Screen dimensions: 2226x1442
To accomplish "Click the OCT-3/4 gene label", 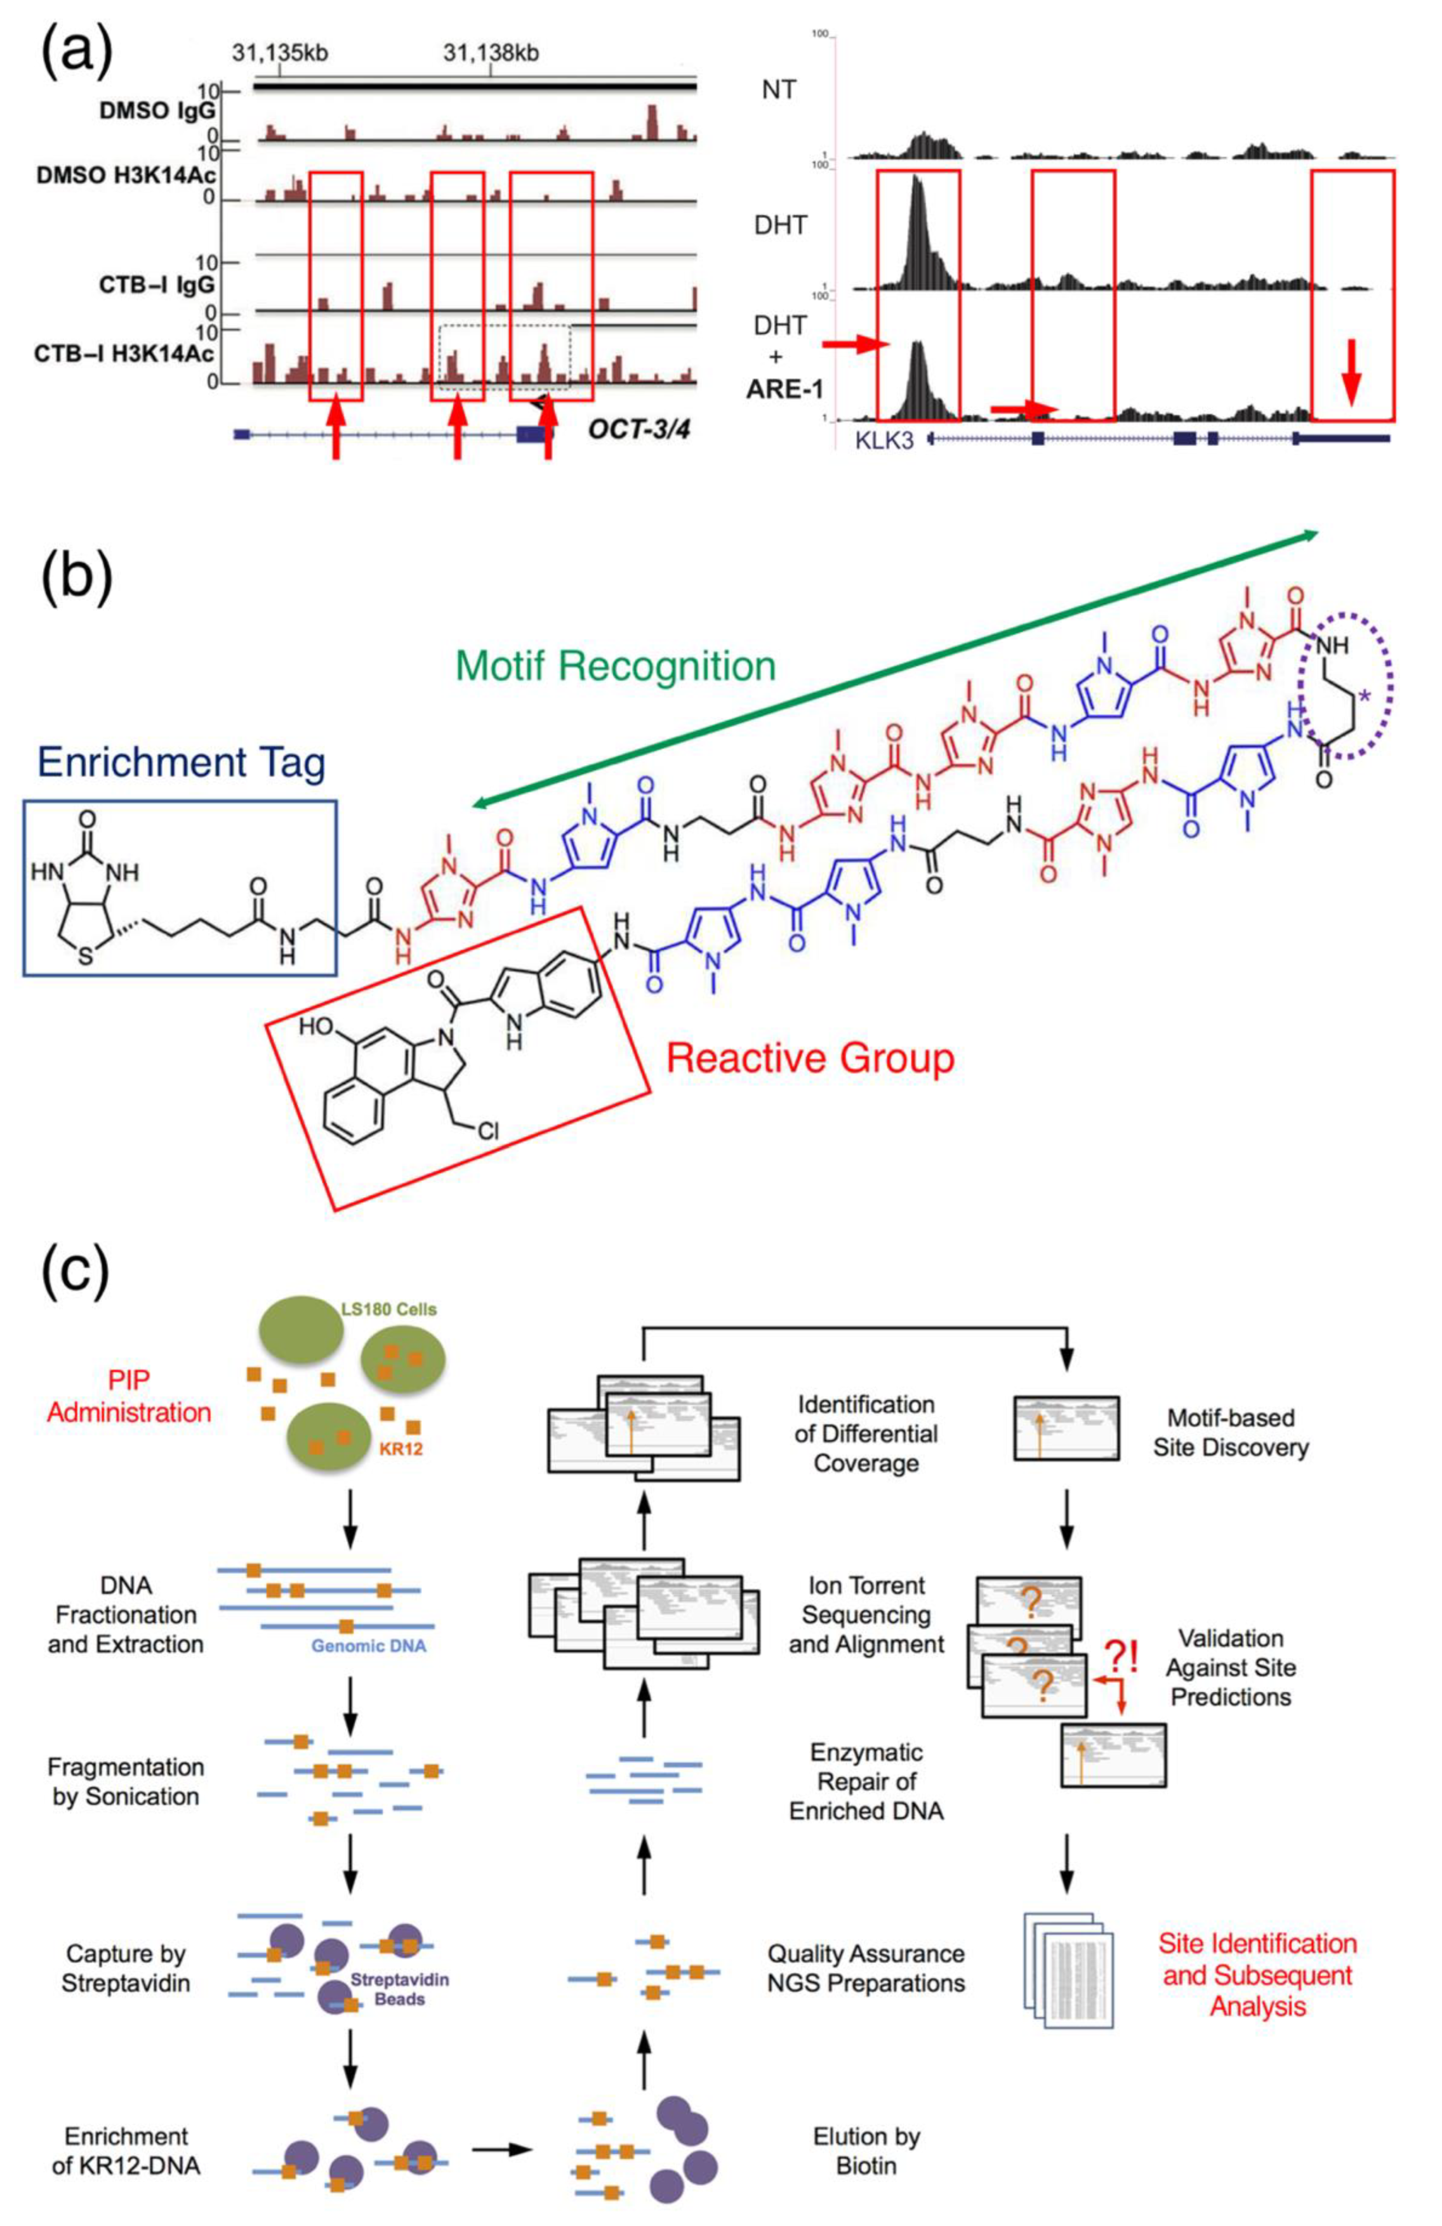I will pyautogui.click(x=638, y=429).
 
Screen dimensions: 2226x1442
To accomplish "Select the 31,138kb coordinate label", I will pyautogui.click(x=491, y=53).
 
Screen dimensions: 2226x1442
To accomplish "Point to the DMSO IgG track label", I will pyautogui.click(x=157, y=110).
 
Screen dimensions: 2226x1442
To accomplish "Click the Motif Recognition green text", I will pyautogui.click(x=615, y=667).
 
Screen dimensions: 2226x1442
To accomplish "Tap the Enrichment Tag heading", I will pyautogui.click(x=182, y=763).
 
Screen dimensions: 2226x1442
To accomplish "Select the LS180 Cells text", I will pyautogui.click(x=387, y=1309).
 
